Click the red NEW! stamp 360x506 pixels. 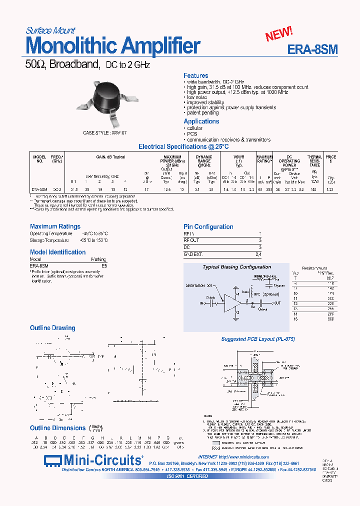(x=279, y=34)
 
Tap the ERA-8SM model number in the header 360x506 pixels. (x=312, y=49)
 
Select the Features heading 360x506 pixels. (x=195, y=75)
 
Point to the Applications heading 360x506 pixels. (x=201, y=121)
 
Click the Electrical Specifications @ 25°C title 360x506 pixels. (x=183, y=146)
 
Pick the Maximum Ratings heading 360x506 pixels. (x=55, y=226)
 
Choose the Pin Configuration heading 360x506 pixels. (x=208, y=226)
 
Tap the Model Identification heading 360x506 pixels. (x=57, y=252)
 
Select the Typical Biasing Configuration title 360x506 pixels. (x=236, y=267)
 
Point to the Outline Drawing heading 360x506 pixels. (x=52, y=328)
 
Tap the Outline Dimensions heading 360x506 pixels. (x=57, y=428)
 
